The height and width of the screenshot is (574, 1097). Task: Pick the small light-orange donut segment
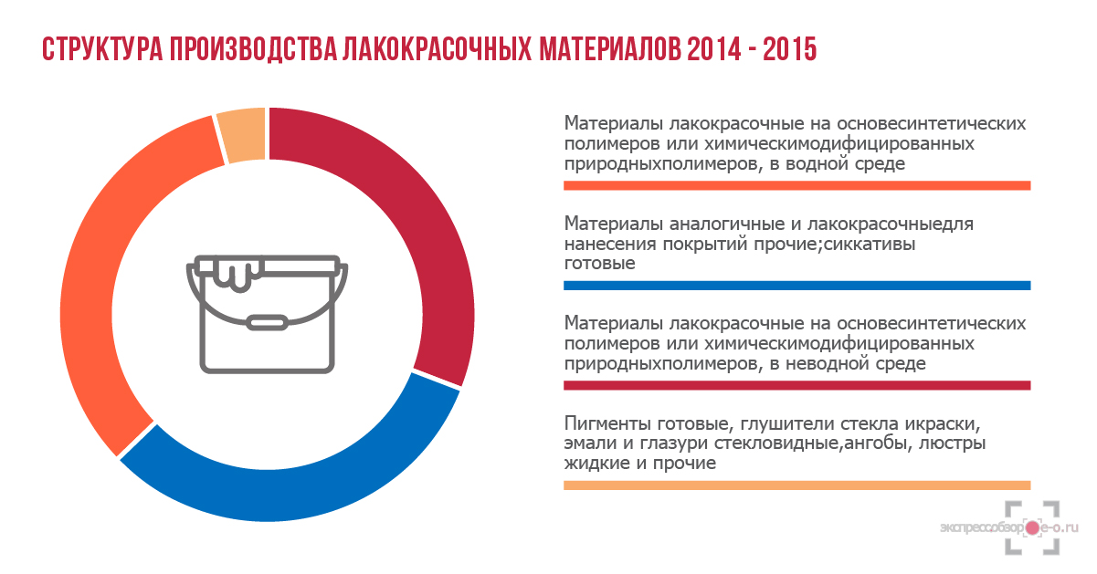242,134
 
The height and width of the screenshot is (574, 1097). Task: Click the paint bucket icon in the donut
267,314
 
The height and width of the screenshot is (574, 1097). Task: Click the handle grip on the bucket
267,323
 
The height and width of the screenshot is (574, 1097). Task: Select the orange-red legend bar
796,185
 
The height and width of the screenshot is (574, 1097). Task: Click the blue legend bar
796,286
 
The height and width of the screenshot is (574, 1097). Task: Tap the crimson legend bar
796,386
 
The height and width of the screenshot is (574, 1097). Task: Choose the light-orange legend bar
796,485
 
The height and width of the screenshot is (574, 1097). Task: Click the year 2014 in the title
714,49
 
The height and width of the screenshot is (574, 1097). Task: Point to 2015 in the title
789,49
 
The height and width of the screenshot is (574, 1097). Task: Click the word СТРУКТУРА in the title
102,49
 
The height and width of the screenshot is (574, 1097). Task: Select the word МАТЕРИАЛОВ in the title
610,49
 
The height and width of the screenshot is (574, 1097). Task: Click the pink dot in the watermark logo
1032,528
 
